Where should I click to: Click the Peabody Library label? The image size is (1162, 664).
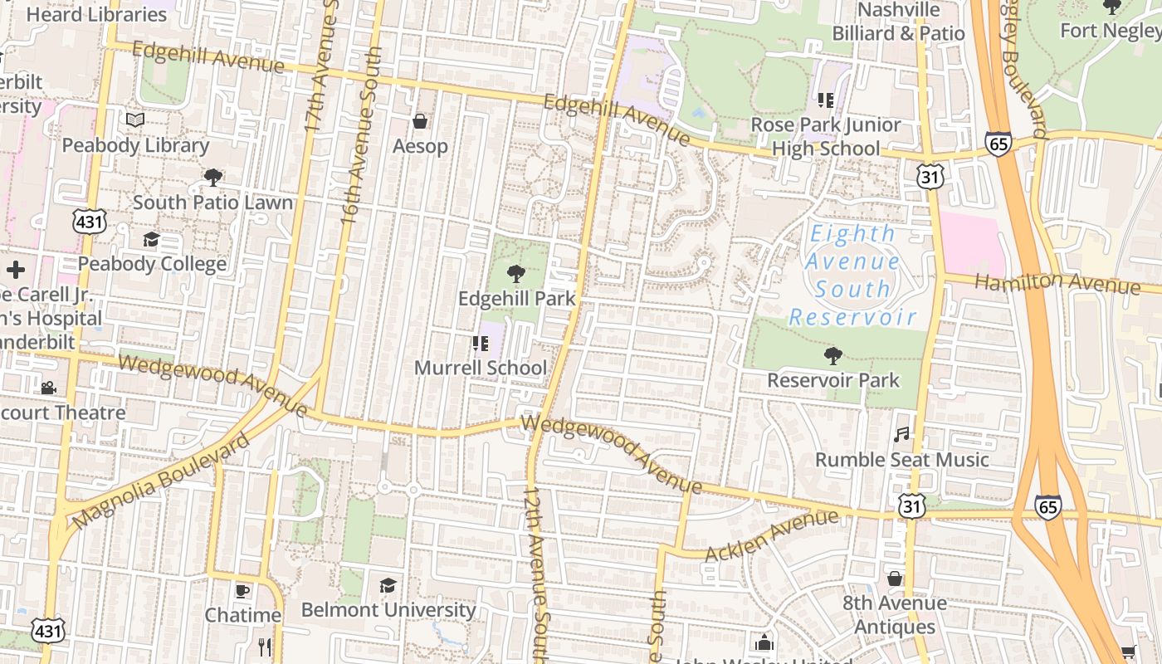click(135, 145)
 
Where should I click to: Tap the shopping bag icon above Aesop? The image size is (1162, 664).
click(420, 122)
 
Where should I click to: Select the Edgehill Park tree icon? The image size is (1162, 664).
click(516, 273)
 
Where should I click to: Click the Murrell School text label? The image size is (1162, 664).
click(481, 368)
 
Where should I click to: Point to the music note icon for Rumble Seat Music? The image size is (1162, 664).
click(901, 434)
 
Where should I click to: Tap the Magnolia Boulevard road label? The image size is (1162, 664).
click(160, 482)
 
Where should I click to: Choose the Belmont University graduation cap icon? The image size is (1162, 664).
click(388, 586)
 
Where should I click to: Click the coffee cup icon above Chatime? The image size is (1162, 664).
click(242, 591)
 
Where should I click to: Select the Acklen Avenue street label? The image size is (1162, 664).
click(772, 535)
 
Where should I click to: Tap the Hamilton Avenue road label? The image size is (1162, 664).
click(1057, 282)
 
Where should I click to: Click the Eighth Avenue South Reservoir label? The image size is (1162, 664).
click(852, 275)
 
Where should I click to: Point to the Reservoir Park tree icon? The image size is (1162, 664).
click(832, 356)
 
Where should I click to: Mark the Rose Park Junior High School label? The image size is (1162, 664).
click(826, 136)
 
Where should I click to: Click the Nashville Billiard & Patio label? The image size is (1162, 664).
click(899, 22)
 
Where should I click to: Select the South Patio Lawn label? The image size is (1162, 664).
click(212, 203)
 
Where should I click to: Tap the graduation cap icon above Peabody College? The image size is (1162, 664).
click(151, 240)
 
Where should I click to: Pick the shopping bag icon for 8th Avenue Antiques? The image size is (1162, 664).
click(895, 579)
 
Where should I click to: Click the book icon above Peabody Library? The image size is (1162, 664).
click(135, 120)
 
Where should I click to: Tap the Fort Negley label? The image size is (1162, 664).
click(1111, 31)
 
